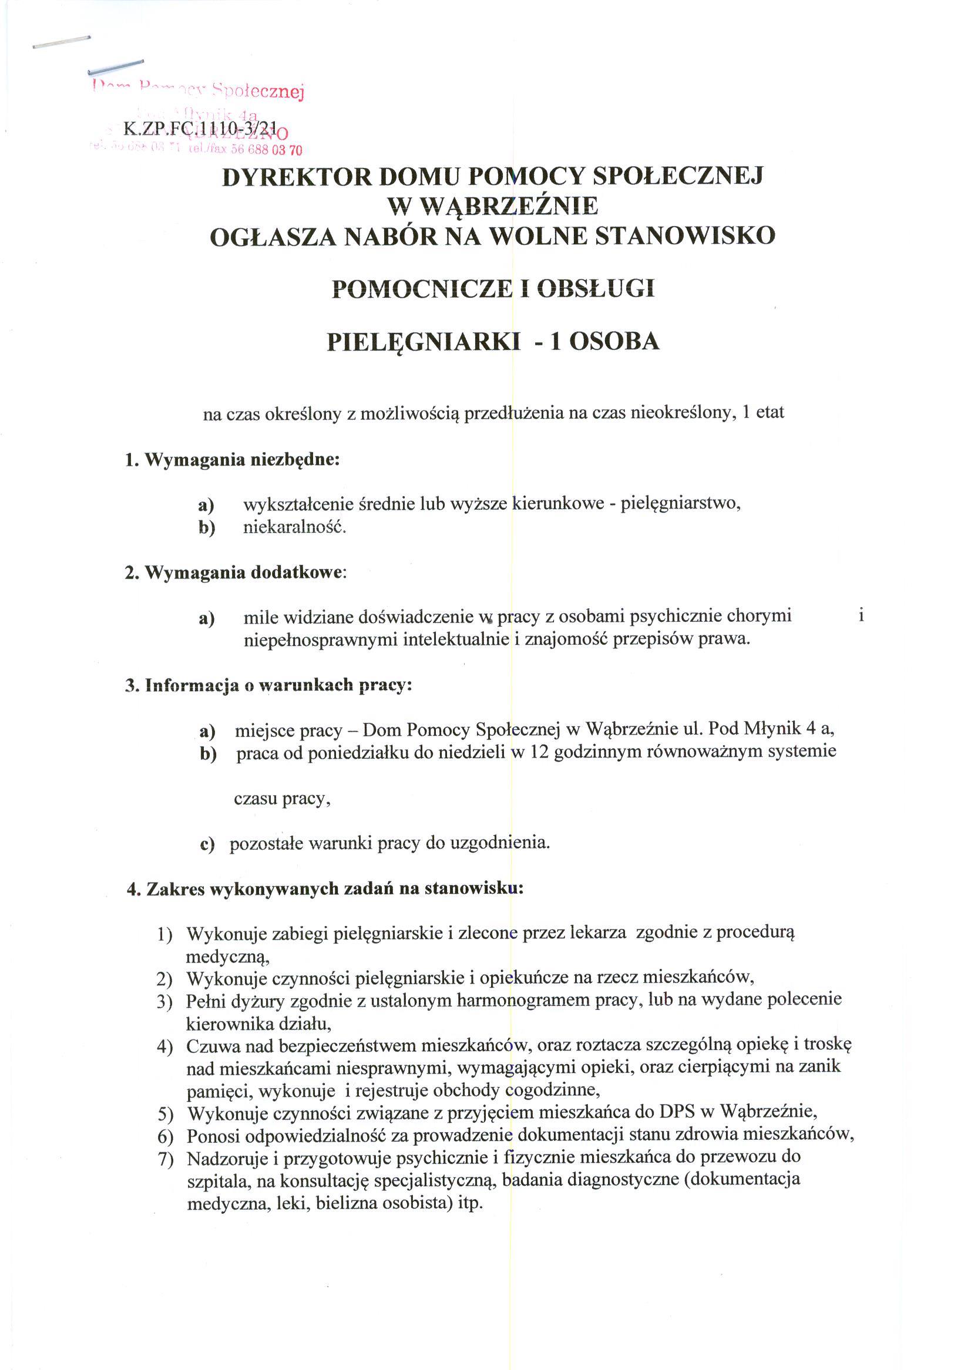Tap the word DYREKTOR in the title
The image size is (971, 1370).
point(295,177)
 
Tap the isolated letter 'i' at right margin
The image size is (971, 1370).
point(861,615)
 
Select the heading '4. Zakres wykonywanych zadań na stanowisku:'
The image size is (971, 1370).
point(325,889)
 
